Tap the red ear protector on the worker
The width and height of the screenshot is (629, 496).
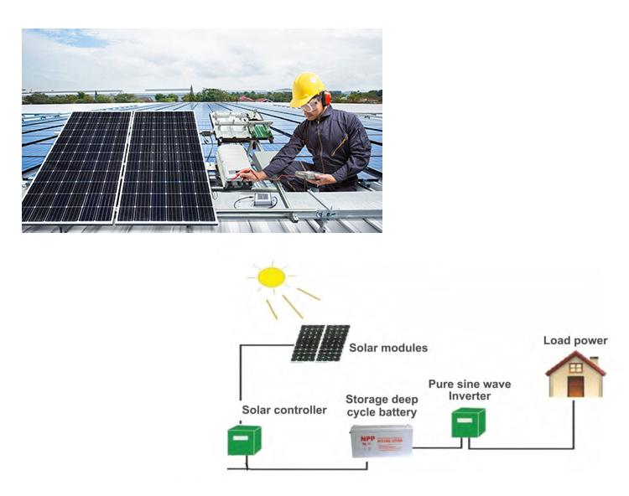325,99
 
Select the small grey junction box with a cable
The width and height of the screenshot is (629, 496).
262,199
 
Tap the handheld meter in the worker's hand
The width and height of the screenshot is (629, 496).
307,175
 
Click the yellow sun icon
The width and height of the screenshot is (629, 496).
271,277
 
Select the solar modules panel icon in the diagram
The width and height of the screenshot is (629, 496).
320,343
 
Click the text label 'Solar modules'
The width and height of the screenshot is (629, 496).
388,348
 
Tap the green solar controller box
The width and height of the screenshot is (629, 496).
244,440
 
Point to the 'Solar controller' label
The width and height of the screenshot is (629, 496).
284,410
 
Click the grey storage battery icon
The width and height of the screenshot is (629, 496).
381,441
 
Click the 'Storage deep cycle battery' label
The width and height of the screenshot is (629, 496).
381,406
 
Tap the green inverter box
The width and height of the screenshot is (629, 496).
468,421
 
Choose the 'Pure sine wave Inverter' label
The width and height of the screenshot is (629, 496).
469,390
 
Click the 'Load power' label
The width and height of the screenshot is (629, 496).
575,340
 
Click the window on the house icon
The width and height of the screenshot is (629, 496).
575,368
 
